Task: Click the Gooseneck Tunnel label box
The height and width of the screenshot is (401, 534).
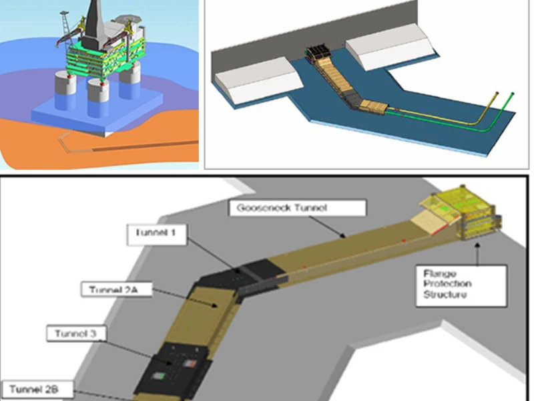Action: click(x=298, y=208)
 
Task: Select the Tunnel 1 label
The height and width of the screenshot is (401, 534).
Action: click(x=157, y=235)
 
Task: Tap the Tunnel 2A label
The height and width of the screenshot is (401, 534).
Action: click(x=116, y=289)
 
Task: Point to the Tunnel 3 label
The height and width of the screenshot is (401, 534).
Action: click(x=76, y=333)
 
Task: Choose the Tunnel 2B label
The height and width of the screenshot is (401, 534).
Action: click(x=37, y=390)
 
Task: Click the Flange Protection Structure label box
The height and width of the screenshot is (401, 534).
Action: click(x=461, y=286)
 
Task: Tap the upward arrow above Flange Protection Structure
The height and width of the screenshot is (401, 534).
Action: click(x=477, y=254)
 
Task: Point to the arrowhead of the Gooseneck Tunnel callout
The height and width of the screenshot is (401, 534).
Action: click(x=343, y=236)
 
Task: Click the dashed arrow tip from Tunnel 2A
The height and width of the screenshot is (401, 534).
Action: click(x=215, y=305)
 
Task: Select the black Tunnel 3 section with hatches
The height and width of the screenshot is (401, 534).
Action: click(x=172, y=370)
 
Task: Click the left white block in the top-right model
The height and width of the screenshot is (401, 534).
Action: click(x=258, y=79)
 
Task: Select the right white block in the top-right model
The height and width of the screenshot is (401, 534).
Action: click(x=389, y=46)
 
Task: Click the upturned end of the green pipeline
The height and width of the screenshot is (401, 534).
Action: click(x=512, y=94)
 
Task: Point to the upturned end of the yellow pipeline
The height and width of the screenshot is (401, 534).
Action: click(x=497, y=93)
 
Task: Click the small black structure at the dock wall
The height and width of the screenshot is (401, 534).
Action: click(x=319, y=55)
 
